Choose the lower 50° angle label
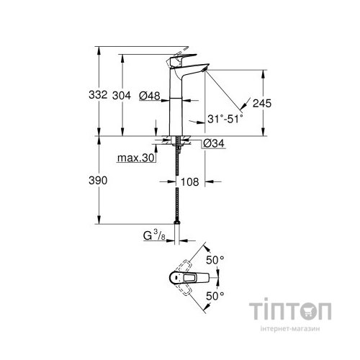tap(216, 294)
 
